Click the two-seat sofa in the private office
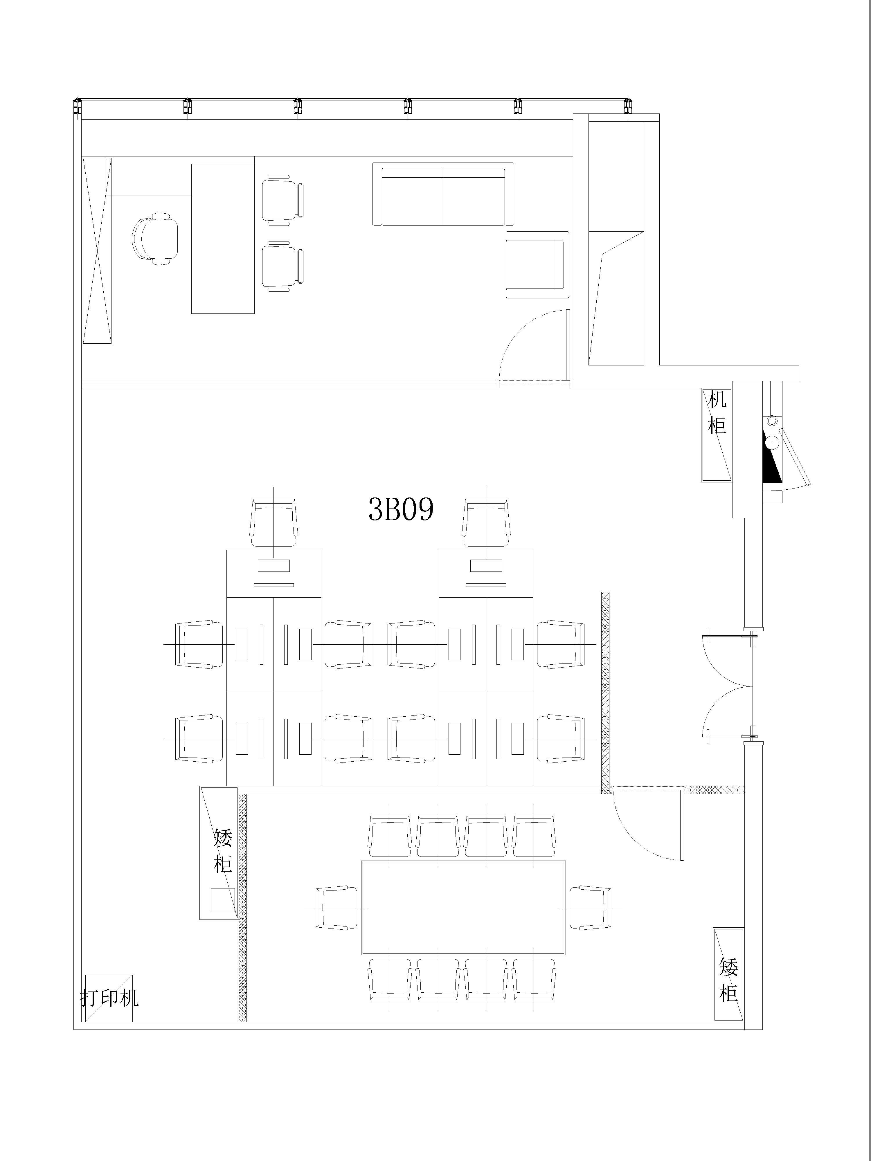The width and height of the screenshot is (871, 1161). pos(443,194)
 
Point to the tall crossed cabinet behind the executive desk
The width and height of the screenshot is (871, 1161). pos(98,250)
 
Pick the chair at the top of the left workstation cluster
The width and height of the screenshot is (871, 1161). pos(273,523)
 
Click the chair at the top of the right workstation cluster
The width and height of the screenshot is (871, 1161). pos(486,523)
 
